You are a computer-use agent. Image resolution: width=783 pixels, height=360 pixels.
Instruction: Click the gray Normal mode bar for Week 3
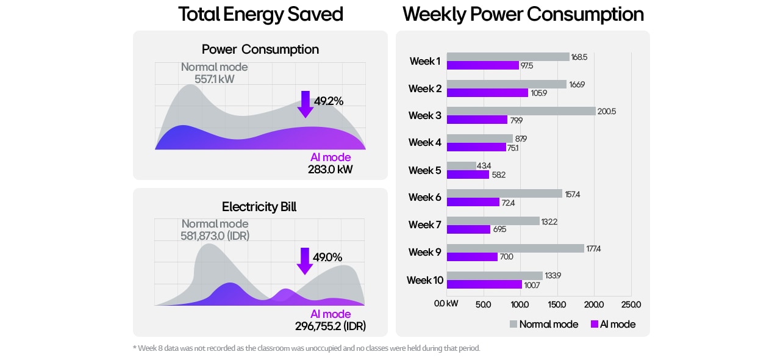click(x=521, y=111)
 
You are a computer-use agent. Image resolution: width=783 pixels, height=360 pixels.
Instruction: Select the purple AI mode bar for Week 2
click(x=487, y=93)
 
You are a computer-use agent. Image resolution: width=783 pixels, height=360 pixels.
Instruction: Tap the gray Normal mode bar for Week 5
click(x=461, y=166)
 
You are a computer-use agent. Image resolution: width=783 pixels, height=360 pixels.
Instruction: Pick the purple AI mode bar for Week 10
click(x=484, y=284)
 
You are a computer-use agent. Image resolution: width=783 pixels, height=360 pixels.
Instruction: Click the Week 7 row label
click(x=425, y=225)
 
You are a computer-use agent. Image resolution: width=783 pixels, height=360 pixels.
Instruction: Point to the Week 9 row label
click(x=425, y=252)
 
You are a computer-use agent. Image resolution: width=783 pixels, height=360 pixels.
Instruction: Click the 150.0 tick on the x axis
click(x=557, y=304)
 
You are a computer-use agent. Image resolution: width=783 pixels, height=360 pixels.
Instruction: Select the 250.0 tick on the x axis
click(x=631, y=304)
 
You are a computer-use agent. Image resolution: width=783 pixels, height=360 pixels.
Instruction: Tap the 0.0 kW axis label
click(x=446, y=304)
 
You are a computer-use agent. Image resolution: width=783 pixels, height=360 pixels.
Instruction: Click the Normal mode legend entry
click(x=543, y=324)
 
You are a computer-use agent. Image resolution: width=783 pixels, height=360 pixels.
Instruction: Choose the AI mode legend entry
click(x=613, y=324)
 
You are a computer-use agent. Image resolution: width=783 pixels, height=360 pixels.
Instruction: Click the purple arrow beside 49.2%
click(x=305, y=104)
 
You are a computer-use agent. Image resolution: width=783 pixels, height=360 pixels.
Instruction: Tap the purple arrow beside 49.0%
click(x=304, y=261)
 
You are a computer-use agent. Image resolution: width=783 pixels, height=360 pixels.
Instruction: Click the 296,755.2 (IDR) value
click(x=331, y=326)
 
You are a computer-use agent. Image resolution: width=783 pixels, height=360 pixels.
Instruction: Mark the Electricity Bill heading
click(x=259, y=207)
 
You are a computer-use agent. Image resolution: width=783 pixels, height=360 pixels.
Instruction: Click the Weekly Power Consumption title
click(x=523, y=14)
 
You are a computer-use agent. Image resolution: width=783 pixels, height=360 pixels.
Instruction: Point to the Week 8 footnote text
click(x=306, y=348)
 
